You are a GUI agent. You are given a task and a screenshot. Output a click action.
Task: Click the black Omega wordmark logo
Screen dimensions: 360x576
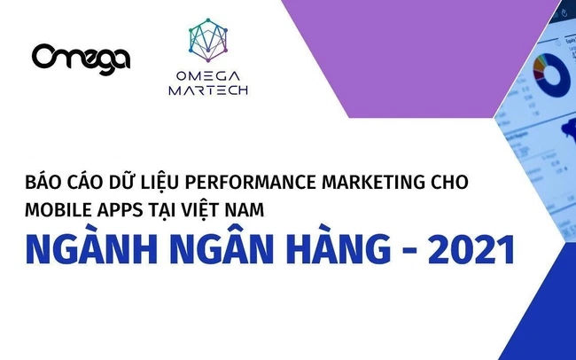[x=81, y=58]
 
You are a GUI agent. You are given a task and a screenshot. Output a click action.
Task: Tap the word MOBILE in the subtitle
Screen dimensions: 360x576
[x=58, y=210]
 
